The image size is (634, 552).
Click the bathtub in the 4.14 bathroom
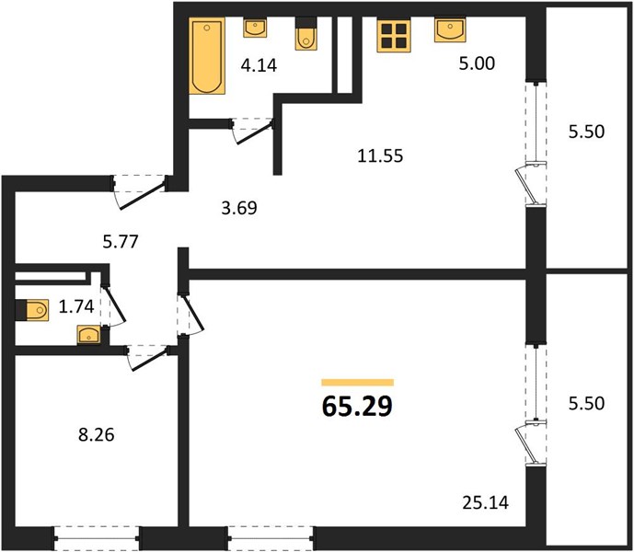pyautogui.click(x=207, y=56)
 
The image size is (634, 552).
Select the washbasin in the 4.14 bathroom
pyautogui.click(x=255, y=28)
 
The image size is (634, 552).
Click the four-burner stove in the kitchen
pyautogui.click(x=394, y=35)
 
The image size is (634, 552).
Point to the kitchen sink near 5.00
pyautogui.click(x=450, y=29)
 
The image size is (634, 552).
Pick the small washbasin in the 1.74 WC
pyautogui.click(x=88, y=335)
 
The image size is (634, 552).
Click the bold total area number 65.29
pyautogui.click(x=357, y=406)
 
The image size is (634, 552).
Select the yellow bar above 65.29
pyautogui.click(x=357, y=383)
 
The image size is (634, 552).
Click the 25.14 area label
pyautogui.click(x=485, y=502)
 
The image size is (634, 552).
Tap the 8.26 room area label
pyautogui.click(x=97, y=435)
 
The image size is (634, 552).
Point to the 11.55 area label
pyautogui.click(x=380, y=155)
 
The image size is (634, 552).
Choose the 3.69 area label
pyautogui.click(x=239, y=208)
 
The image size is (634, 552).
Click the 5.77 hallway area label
pyautogui.click(x=121, y=242)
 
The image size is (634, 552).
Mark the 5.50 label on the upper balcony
pyautogui.click(x=586, y=132)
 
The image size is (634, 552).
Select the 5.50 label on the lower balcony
pyautogui.click(x=586, y=403)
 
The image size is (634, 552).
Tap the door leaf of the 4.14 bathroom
pyautogui.click(x=255, y=133)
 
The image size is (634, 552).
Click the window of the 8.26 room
pyautogui.click(x=97, y=538)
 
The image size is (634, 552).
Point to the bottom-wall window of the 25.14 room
pyautogui.click(x=271, y=538)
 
